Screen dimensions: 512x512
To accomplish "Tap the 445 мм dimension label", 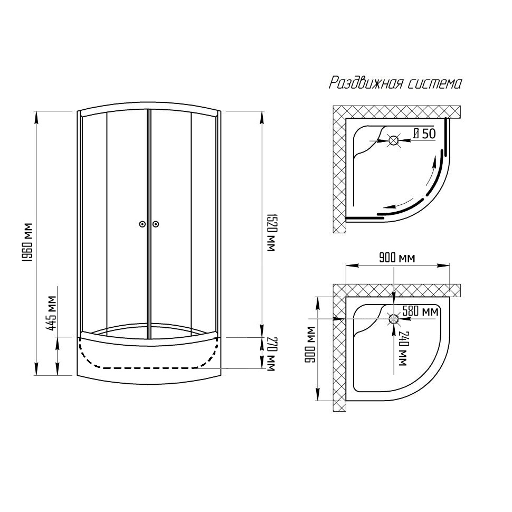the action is [x=51, y=313].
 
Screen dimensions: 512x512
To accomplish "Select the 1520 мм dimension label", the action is [x=271, y=232].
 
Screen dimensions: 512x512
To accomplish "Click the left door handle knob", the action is [x=141, y=224].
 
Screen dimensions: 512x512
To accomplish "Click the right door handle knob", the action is [x=156, y=224].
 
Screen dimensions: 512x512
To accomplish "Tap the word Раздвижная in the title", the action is [x=365, y=83].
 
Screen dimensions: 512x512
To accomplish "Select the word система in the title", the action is [x=435, y=83].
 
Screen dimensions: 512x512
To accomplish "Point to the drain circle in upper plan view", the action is [x=393, y=141].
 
